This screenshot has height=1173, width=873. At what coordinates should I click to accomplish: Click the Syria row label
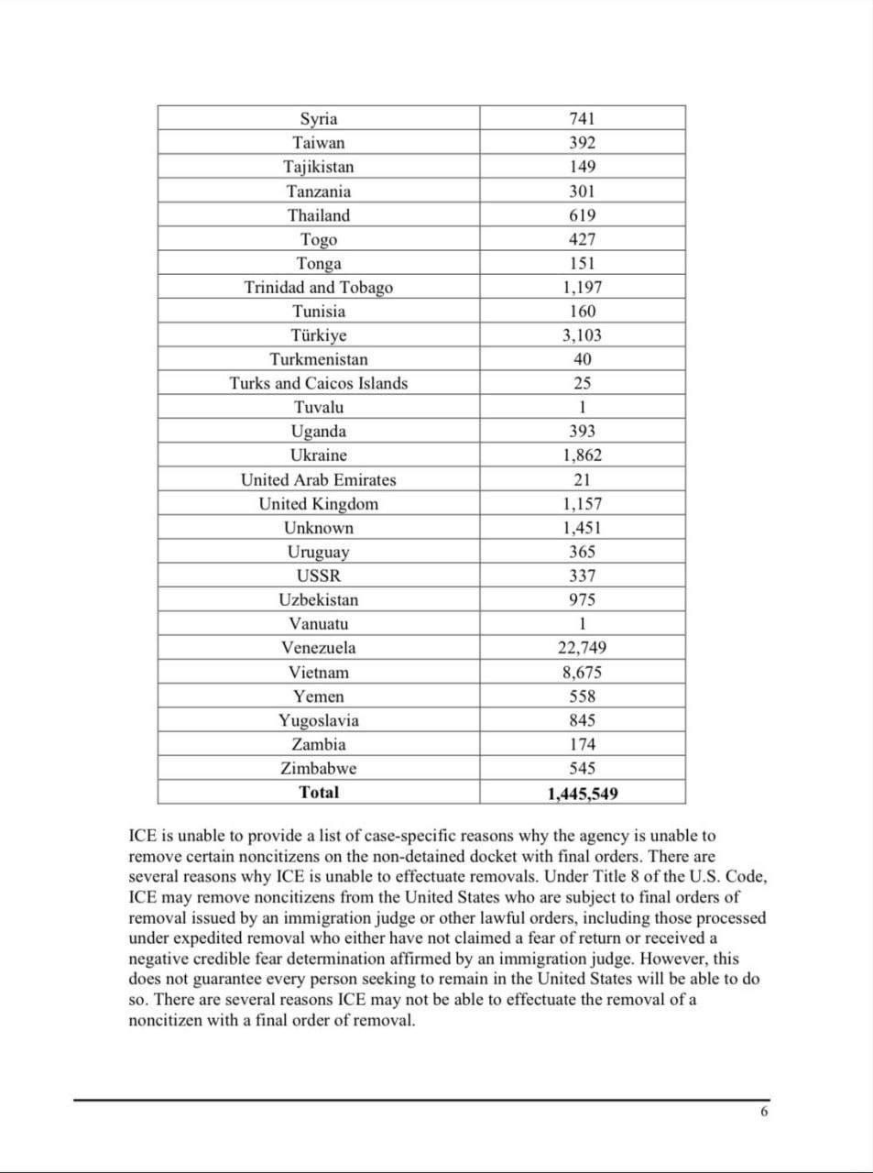point(319,119)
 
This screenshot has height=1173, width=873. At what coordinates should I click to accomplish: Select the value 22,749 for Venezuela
point(582,648)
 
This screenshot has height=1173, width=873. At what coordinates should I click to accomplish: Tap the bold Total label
point(319,793)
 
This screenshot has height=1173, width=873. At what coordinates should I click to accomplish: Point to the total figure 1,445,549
point(582,794)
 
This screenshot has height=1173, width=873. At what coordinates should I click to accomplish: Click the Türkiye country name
point(319,335)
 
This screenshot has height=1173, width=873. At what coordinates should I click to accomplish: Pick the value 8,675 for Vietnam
point(582,673)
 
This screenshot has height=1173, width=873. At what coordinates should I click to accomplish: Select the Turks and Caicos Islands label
point(319,384)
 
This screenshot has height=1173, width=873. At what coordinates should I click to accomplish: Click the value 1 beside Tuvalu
point(582,408)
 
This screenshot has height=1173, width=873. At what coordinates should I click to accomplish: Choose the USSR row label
point(319,576)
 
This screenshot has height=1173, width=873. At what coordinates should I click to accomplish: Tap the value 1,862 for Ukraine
point(582,455)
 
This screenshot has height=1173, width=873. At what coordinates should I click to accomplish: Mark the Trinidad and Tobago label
point(319,288)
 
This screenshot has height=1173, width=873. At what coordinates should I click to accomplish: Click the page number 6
point(764,1113)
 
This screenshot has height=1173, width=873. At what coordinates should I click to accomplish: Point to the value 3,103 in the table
point(582,335)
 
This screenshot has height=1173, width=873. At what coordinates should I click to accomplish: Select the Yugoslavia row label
point(319,720)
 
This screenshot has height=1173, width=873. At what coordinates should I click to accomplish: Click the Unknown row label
point(319,528)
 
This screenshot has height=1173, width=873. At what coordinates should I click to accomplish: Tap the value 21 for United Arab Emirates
point(582,480)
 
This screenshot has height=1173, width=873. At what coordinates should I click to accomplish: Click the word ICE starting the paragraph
point(143,837)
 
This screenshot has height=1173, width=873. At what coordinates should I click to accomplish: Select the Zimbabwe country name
point(319,769)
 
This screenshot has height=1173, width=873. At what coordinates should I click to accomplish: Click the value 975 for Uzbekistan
point(582,600)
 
